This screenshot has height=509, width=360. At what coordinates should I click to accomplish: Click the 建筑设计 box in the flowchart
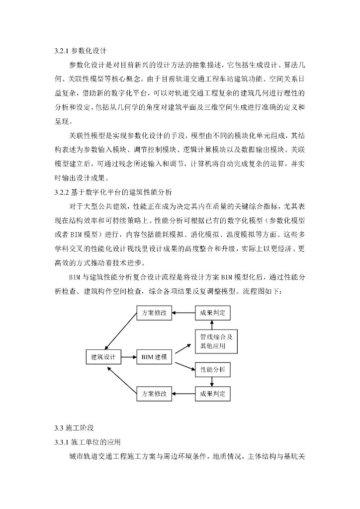[103, 357]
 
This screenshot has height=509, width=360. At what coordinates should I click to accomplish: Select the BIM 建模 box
[154, 357]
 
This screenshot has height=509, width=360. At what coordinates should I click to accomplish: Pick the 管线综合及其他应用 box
[212, 341]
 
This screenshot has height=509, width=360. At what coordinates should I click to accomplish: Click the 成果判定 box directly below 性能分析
[212, 394]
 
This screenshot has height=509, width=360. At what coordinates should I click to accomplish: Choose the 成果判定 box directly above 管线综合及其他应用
[212, 313]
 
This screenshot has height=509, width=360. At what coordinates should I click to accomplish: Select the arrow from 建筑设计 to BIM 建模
[128, 357]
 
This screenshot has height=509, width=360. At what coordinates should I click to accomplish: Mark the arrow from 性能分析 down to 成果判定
[212, 382]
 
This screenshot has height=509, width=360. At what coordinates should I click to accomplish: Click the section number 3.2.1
[62, 51]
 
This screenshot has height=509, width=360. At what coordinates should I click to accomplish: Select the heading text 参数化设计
[89, 51]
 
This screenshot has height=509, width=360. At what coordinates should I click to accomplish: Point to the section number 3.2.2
[62, 192]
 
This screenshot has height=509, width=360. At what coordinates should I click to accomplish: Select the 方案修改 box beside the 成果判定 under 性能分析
[154, 394]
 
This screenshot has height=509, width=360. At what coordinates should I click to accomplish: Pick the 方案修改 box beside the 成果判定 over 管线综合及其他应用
[154, 313]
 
